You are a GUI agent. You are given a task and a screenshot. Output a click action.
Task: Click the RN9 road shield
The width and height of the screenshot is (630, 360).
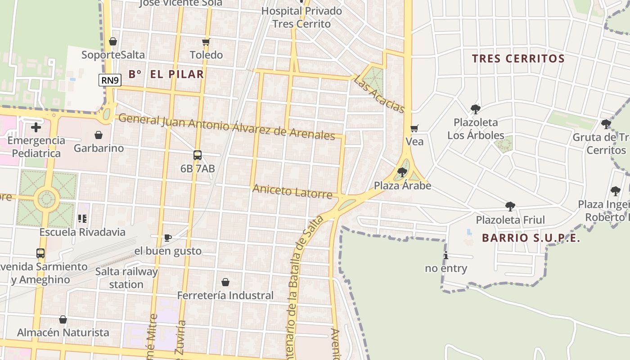pos(110,81)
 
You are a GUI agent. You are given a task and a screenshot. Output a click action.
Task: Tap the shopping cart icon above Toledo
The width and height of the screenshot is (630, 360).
pos(206,42)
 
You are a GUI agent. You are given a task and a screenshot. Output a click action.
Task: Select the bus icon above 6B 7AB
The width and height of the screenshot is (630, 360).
pos(197,155)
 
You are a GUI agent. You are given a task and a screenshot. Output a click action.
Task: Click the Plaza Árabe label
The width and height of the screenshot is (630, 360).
pos(402,185)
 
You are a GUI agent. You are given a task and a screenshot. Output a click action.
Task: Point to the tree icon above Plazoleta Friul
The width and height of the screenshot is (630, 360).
pos(510,207)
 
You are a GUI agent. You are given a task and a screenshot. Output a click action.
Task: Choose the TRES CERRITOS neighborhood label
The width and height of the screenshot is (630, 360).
pos(518,58)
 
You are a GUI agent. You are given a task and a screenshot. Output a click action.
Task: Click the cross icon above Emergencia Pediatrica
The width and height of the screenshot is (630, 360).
pos(36,127)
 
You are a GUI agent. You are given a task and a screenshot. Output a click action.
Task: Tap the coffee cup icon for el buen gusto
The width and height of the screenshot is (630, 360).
pos(167,238)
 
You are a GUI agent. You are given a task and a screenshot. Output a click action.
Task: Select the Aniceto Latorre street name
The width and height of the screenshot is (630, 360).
pos(292,191)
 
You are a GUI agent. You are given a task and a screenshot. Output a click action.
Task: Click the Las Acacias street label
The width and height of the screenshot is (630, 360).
pos(379,94)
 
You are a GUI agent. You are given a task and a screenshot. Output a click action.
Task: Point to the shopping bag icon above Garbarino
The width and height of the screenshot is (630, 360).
pos(99,135)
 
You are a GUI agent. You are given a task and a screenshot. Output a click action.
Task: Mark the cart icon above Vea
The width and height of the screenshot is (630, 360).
pos(414,129)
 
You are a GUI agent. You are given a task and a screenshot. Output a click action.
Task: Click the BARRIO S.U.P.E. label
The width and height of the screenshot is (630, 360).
pos(531,238)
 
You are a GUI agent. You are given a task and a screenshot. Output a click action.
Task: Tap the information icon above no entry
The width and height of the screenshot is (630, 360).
pos(446,256)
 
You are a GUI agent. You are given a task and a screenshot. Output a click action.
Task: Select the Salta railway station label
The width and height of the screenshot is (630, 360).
pos(126,278)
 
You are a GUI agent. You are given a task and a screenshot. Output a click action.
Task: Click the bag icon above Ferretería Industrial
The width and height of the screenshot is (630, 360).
pos(225,282)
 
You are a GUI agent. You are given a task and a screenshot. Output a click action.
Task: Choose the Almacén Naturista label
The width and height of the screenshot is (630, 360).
pos(63,333)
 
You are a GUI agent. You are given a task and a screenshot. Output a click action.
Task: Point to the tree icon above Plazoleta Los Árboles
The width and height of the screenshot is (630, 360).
pos(475,109)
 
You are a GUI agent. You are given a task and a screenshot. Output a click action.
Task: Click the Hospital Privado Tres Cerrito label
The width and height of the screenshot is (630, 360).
pos(301,17)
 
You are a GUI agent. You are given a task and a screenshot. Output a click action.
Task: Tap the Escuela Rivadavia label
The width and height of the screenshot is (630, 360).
pos(82,232)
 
